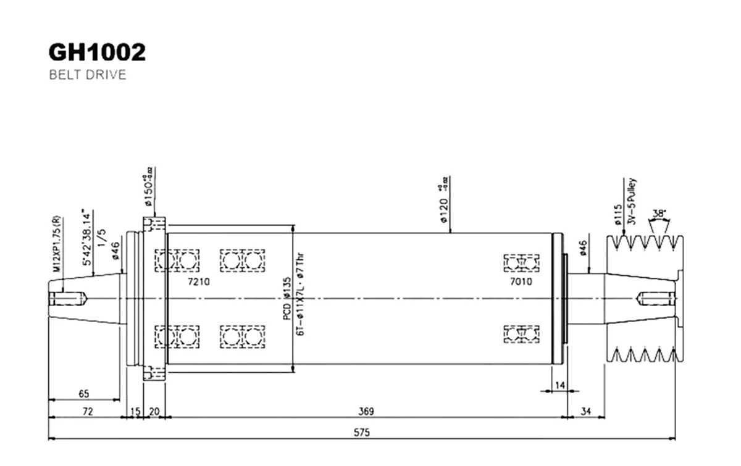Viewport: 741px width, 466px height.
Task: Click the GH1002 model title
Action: coord(97,53)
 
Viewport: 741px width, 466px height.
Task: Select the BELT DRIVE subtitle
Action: coord(87,75)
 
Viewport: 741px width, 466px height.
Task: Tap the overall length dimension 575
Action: coord(362,433)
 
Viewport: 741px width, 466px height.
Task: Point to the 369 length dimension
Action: coord(366,411)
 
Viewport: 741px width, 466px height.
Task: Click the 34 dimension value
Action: coord(586,411)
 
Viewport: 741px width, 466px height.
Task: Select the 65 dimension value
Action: coord(85,393)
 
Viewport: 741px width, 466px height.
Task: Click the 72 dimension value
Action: coord(88,411)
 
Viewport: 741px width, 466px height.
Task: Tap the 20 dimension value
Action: coord(154,411)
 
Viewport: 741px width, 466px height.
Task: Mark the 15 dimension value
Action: coord(135,411)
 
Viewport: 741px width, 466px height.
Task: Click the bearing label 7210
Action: coord(199,281)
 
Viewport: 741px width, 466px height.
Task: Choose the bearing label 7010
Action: coord(521,281)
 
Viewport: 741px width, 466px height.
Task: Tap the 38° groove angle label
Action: coord(659,213)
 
